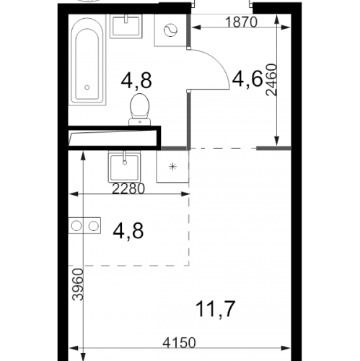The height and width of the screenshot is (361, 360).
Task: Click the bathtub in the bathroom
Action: coord(87,61)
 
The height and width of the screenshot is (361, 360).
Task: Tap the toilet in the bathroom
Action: coord(139,110)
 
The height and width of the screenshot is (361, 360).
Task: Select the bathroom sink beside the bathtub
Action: coord(126,26)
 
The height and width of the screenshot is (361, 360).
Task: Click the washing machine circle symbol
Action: coord(170,30)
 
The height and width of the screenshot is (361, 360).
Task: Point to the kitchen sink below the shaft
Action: coord(125,166)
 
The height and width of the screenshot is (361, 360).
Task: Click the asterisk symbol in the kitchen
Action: coord(172,167)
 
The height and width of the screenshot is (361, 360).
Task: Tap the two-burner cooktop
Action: coord(84,226)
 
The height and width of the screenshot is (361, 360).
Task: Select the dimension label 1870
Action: coord(241,22)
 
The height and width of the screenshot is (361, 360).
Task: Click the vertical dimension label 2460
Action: coord(272,80)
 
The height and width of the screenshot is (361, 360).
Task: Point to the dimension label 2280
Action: coord(128,188)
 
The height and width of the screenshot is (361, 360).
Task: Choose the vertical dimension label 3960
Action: coord(78,284)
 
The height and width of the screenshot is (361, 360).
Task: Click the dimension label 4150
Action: coord(179,342)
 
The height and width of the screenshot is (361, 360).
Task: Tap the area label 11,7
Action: coord(215,309)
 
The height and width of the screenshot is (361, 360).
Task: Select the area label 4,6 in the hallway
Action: coord(247,79)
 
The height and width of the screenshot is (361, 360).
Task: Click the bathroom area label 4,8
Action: coord(136,81)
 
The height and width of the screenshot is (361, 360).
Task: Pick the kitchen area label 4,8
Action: coord(128,230)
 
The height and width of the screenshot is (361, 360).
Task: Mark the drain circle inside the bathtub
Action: coord(87,87)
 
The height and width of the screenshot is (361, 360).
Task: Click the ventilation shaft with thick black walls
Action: coord(115,138)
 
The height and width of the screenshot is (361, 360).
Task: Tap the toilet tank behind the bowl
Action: coord(140,122)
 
